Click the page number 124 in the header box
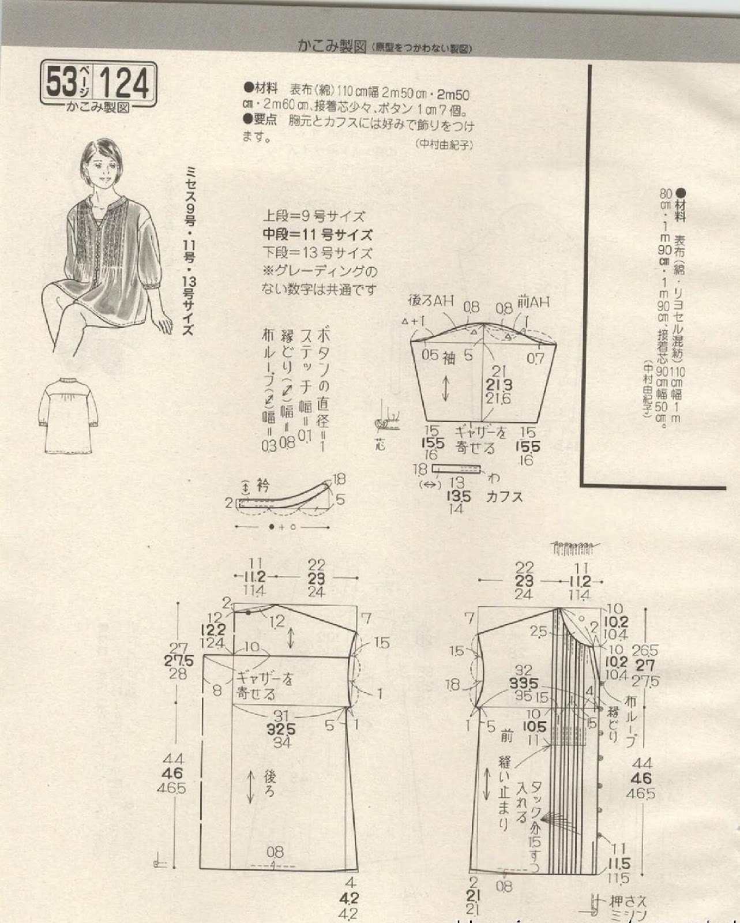tap(125, 84)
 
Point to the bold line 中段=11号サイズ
tap(317, 235)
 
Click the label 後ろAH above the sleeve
tap(431, 301)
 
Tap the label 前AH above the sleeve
tap(533, 302)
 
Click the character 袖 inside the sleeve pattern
tap(449, 358)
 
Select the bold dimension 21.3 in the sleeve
tap(498, 385)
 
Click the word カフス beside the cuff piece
tap(504, 496)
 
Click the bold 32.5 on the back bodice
tap(281, 729)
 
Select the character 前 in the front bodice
tap(506, 736)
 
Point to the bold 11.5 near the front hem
tap(618, 864)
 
